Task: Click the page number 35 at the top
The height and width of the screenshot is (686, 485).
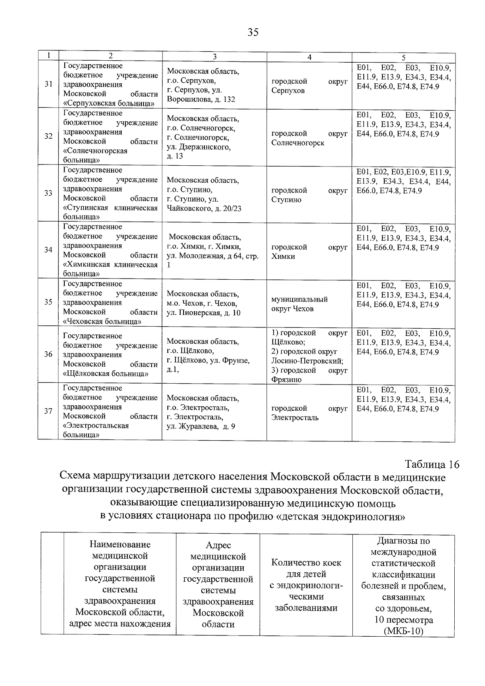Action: pyautogui.click(x=253, y=32)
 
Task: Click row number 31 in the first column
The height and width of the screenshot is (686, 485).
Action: pyautogui.click(x=48, y=84)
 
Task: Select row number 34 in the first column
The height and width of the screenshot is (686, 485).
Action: pyautogui.click(x=48, y=250)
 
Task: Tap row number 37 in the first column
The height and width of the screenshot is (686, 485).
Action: pyautogui.click(x=48, y=412)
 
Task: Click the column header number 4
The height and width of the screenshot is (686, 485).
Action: pyautogui.click(x=309, y=57)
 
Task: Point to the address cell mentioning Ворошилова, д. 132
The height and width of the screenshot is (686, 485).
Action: pyautogui.click(x=201, y=99)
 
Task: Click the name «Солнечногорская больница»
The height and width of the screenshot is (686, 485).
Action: pyautogui.click(x=95, y=155)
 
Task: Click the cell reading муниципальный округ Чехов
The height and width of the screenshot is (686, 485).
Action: pyautogui.click(x=299, y=304)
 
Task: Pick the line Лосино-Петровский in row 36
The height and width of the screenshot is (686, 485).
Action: pyautogui.click(x=307, y=361)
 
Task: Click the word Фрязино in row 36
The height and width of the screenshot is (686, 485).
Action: pyautogui.click(x=286, y=380)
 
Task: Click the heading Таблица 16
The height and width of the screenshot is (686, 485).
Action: pyautogui.click(x=432, y=464)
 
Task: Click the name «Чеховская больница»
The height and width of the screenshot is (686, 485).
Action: pyautogui.click(x=102, y=321)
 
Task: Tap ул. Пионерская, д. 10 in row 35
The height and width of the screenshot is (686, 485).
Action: pyautogui.click(x=203, y=313)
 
